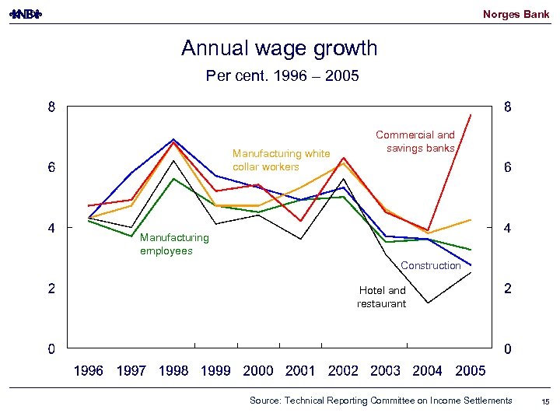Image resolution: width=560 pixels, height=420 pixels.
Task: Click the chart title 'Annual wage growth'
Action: (x=279, y=48)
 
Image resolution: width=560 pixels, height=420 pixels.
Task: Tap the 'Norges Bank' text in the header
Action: (x=516, y=14)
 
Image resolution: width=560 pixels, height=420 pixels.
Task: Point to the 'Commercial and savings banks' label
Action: (x=415, y=142)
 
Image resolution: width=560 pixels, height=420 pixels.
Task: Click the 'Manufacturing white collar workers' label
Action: (x=281, y=160)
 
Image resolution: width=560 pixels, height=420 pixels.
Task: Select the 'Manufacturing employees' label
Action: (x=174, y=244)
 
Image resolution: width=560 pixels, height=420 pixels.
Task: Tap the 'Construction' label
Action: (x=430, y=266)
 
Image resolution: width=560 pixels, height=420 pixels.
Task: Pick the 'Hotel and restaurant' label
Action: (x=382, y=297)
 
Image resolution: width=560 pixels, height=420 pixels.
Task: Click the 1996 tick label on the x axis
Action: (x=88, y=371)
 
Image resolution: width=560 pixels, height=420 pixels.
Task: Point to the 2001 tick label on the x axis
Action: (x=300, y=371)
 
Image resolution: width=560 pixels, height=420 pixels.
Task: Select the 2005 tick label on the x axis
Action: (x=470, y=371)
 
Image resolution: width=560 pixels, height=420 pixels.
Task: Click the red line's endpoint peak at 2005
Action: (x=471, y=114)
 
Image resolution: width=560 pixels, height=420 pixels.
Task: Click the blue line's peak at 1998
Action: (x=173, y=139)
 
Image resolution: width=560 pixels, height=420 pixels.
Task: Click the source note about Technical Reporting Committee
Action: (x=380, y=401)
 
